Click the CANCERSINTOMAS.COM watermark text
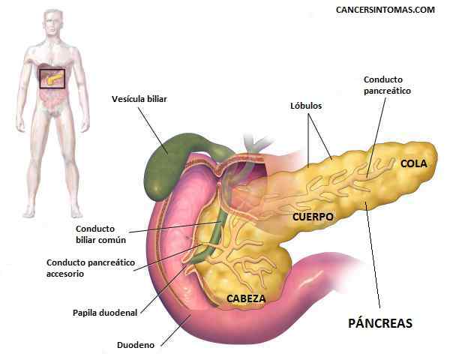pyautogui.click(x=385, y=10)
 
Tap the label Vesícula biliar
pyautogui.click(x=139, y=99)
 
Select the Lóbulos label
pyautogui.click(x=306, y=106)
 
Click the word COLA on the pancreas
pyautogui.click(x=414, y=163)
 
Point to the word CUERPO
pyautogui.click(x=313, y=217)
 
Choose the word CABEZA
pyautogui.click(x=246, y=298)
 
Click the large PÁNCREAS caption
pyautogui.click(x=380, y=322)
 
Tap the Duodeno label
pyautogui.click(x=136, y=345)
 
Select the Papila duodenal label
pyautogui.click(x=105, y=313)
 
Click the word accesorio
pyautogui.click(x=65, y=274)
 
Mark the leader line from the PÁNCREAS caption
pyautogui.click(x=373, y=255)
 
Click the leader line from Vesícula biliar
pyautogui.click(x=153, y=130)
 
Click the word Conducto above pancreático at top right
pyautogui.click(x=383, y=79)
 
